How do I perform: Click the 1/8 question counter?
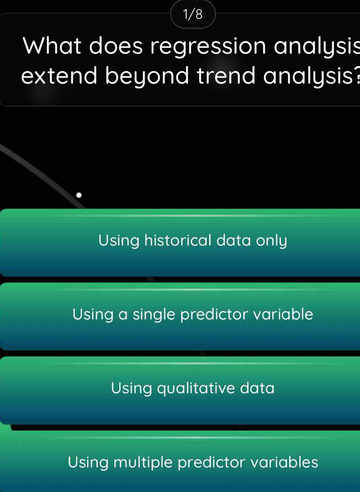point(193,15)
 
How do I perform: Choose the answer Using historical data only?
point(180,242)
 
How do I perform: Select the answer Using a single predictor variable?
point(180,317)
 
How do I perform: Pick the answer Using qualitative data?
point(180,391)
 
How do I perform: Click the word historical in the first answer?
point(178,240)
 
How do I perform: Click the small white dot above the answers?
point(79,195)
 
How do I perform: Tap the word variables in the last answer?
point(284,462)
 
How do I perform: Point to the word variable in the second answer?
point(283,314)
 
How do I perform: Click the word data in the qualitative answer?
point(257,388)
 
